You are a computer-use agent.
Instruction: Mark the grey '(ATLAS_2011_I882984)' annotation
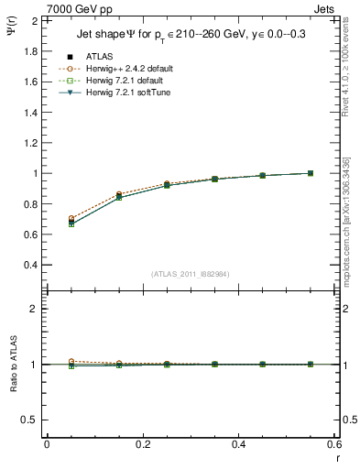(191, 274)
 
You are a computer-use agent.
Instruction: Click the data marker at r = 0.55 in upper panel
(311, 173)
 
